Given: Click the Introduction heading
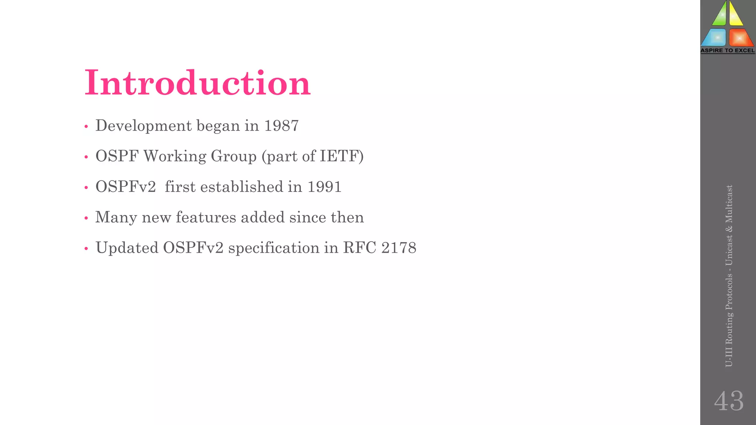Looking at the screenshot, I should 197,83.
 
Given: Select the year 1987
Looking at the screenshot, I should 281,126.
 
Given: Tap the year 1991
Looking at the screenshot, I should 324,187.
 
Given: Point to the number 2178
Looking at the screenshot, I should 399,248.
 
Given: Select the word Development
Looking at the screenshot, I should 144,126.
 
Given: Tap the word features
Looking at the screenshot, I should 206,217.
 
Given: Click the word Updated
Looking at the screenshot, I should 127,248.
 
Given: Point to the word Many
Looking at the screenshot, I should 116,217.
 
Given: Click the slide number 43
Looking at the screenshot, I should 729,401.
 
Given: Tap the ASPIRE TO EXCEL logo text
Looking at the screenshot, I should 728,51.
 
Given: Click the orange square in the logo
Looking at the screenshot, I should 740,37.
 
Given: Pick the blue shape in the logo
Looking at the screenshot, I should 714,37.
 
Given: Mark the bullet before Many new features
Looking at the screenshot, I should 86,218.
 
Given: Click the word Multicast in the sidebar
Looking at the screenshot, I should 729,204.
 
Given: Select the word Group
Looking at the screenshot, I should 233,156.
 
